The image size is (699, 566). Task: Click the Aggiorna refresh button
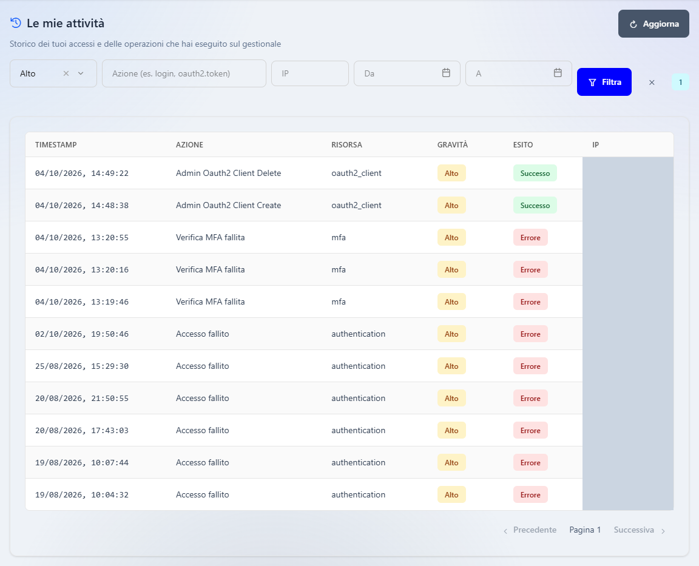653,24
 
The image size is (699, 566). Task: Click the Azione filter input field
184,73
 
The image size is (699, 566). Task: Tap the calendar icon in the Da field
446,73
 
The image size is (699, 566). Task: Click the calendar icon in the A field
558,73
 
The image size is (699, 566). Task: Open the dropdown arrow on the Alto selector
81,73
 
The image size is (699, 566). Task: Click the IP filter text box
310,73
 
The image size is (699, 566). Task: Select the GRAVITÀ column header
453,145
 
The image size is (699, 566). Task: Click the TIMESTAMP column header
56,145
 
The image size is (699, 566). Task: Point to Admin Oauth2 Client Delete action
228,173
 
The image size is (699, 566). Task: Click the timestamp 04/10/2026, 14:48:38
81,206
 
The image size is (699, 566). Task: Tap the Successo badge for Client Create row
535,206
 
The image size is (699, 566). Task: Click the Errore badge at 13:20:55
530,238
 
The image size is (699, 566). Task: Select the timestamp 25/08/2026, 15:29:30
81,366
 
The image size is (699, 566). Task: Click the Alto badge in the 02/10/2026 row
451,334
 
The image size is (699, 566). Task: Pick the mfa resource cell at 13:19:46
339,302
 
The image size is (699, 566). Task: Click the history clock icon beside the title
16,22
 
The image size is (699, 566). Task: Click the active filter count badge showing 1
680,82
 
